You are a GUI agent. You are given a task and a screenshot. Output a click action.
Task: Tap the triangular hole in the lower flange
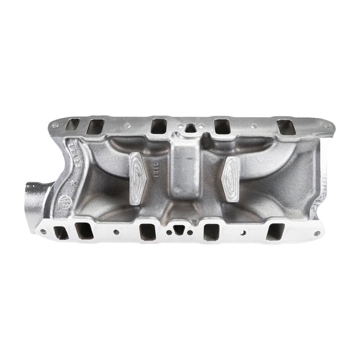tap(179, 230)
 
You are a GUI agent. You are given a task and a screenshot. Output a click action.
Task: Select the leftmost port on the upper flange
tap(73, 125)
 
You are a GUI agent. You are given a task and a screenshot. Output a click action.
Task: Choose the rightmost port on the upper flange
tap(286, 127)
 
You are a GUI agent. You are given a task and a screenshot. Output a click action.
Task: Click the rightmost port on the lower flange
tap(274, 232)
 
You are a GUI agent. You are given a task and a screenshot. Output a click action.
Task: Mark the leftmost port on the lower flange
tap(60, 232)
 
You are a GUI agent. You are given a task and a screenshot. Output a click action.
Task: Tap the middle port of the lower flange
tap(148, 232)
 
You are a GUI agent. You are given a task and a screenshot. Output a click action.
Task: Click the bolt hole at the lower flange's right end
tap(317, 233)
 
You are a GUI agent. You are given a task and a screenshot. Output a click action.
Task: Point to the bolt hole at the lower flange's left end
tap(42, 232)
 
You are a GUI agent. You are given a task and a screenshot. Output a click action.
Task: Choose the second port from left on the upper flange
tap(96, 127)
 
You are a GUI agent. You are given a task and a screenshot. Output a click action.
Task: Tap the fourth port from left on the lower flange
tap(211, 232)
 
